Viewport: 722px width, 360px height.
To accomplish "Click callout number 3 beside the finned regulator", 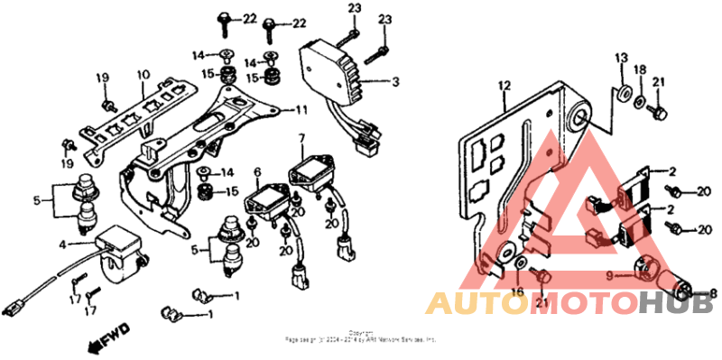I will (x=395, y=82).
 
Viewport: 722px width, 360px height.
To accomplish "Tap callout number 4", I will (x=62, y=244).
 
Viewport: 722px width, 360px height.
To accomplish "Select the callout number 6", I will (x=257, y=171).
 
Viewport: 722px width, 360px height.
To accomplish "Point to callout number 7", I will (x=302, y=137).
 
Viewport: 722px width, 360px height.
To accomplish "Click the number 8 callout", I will (x=712, y=292).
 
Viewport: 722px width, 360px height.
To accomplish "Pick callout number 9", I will (x=610, y=273).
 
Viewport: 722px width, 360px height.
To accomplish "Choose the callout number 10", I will (x=142, y=75).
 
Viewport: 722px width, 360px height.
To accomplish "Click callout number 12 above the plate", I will (x=504, y=86).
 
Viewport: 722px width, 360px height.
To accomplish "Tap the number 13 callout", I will (x=620, y=58).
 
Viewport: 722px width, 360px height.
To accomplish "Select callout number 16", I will (x=517, y=291).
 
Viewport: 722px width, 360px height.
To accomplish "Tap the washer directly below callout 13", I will (x=623, y=94).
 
